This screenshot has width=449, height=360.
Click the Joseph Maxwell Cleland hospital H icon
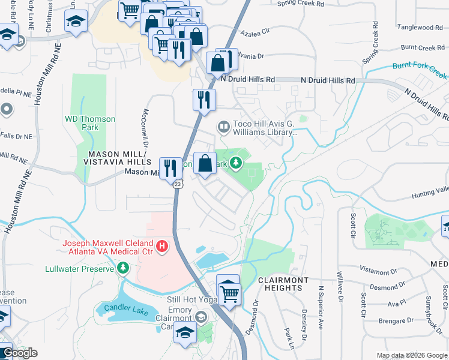tap(161, 246)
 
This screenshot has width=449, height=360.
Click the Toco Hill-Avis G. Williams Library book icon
tap(223, 127)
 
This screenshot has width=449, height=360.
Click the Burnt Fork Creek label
tap(420, 70)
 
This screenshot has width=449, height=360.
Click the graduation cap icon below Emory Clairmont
tap(185, 331)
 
